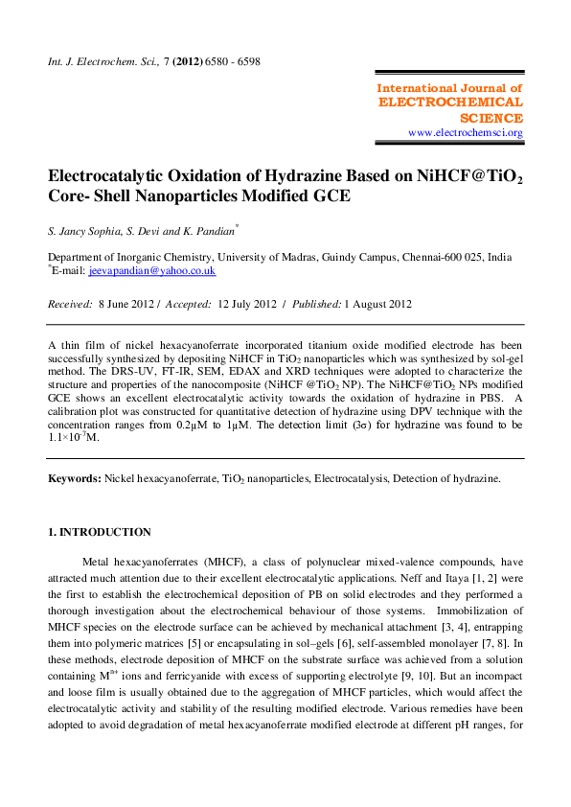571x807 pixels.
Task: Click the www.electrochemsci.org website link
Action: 465,132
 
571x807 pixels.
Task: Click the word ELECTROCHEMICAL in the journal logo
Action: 451,102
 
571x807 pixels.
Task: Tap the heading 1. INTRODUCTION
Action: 100,532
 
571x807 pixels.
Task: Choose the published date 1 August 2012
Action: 378,305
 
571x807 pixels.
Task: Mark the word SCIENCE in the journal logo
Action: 491,117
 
